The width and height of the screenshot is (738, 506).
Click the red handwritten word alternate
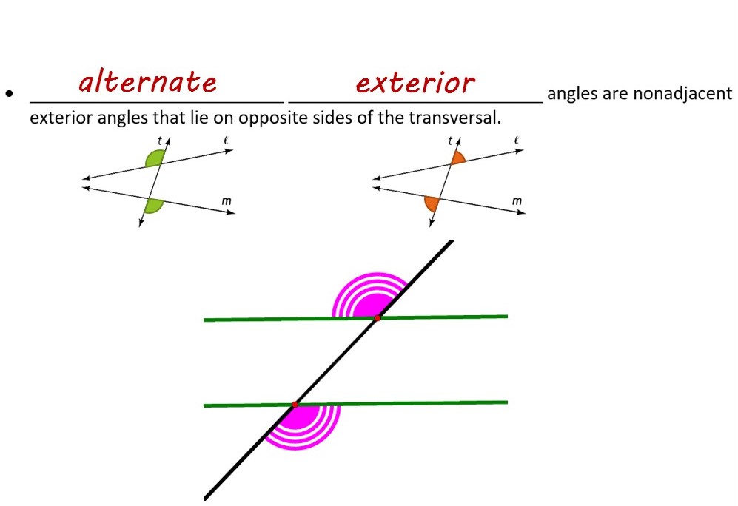pos(147,81)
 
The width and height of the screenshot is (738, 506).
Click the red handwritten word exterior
pos(415,82)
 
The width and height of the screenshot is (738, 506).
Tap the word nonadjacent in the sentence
pos(688,95)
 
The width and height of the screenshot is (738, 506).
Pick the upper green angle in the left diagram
pos(155,158)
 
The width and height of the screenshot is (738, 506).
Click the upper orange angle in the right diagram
pos(458,158)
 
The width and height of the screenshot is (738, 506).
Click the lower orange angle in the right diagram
pos(431,203)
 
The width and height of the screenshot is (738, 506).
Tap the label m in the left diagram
pos(226,200)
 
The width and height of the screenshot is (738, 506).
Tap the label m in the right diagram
pos(517,200)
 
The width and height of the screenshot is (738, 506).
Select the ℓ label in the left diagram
pos(225,140)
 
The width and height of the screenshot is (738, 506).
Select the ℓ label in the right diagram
pos(516,140)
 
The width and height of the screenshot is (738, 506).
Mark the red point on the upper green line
pos(377,318)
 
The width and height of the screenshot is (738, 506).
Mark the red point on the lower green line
pos(295,405)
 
